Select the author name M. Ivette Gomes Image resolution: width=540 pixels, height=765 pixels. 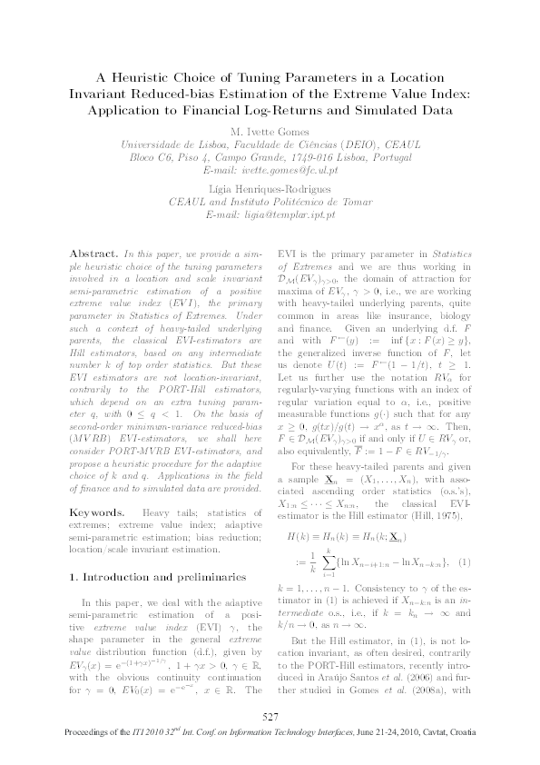(270, 129)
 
